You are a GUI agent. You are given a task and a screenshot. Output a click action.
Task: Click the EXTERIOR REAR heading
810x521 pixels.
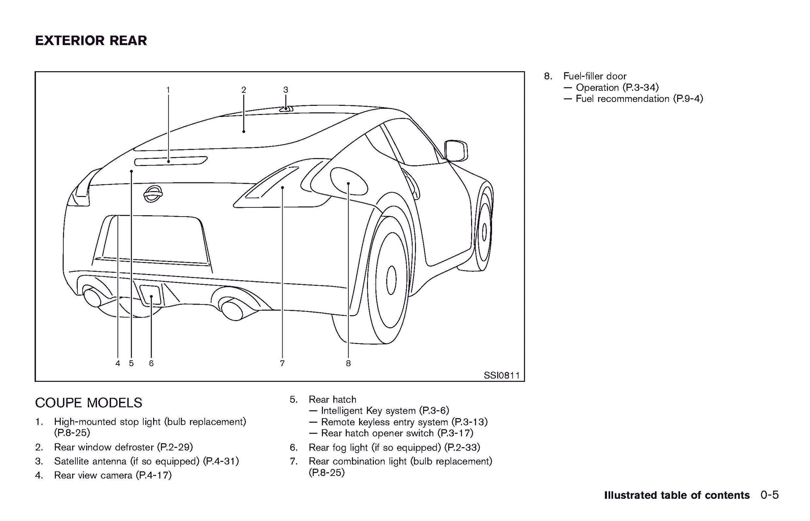click(x=91, y=41)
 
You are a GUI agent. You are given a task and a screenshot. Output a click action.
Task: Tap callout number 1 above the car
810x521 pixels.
click(x=168, y=90)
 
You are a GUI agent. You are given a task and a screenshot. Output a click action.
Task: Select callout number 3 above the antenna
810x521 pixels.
click(x=286, y=90)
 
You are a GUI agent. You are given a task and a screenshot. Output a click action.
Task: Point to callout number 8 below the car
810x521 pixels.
click(x=348, y=364)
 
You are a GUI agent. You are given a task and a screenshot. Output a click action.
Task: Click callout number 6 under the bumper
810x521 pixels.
click(x=151, y=364)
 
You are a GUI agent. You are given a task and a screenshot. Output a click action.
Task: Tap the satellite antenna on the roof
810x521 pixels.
click(x=286, y=109)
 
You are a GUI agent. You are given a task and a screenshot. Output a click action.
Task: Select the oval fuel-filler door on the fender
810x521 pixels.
click(x=348, y=182)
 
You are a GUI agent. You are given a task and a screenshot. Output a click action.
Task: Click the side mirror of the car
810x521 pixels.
click(x=456, y=150)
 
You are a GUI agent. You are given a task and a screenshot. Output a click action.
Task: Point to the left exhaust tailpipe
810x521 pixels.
click(x=94, y=297)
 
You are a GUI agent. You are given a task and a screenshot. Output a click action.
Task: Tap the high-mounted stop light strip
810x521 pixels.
click(x=171, y=161)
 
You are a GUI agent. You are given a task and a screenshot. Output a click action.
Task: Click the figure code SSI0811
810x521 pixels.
click(x=502, y=376)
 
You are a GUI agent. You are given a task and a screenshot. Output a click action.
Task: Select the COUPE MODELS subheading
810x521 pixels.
click(x=89, y=403)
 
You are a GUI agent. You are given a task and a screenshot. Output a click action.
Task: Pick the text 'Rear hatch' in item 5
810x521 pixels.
click(x=332, y=399)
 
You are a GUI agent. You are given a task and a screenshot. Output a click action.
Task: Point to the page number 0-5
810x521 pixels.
click(x=769, y=495)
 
